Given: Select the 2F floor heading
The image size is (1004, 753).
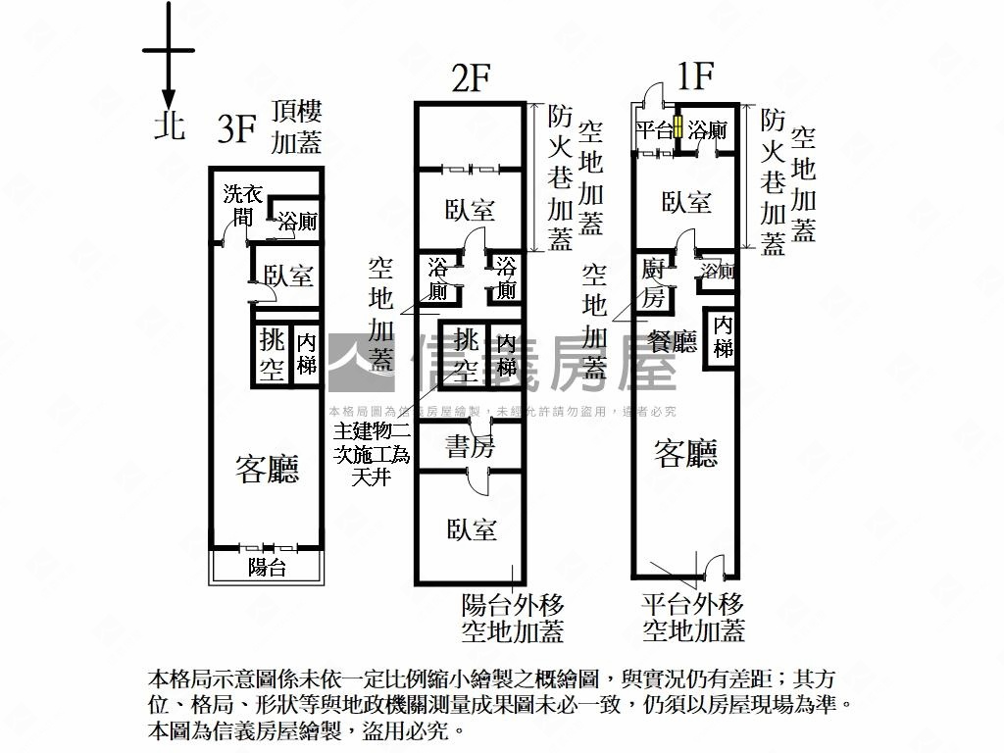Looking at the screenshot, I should [471, 78].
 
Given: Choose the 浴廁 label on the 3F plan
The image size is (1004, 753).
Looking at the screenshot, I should [296, 222].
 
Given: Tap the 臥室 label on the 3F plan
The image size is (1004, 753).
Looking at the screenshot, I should [288, 276].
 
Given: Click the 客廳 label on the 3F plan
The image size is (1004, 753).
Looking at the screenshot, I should [267, 470].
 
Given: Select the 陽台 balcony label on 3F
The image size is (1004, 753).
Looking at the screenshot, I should [266, 567].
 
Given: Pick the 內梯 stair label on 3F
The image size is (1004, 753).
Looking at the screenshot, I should [307, 354].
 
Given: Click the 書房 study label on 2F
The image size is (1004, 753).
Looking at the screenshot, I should [471, 447].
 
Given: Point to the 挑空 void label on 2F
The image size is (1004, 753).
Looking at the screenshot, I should [467, 354].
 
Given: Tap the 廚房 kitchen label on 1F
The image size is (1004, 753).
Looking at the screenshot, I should [654, 282].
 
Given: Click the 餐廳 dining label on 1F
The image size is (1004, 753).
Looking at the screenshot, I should [673, 341].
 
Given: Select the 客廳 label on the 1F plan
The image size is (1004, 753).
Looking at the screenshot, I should [686, 452].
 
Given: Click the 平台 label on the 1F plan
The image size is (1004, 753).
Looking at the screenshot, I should [653, 129].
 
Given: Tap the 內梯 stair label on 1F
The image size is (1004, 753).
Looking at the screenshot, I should [724, 336].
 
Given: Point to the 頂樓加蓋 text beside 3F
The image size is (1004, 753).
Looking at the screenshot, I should [296, 126].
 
